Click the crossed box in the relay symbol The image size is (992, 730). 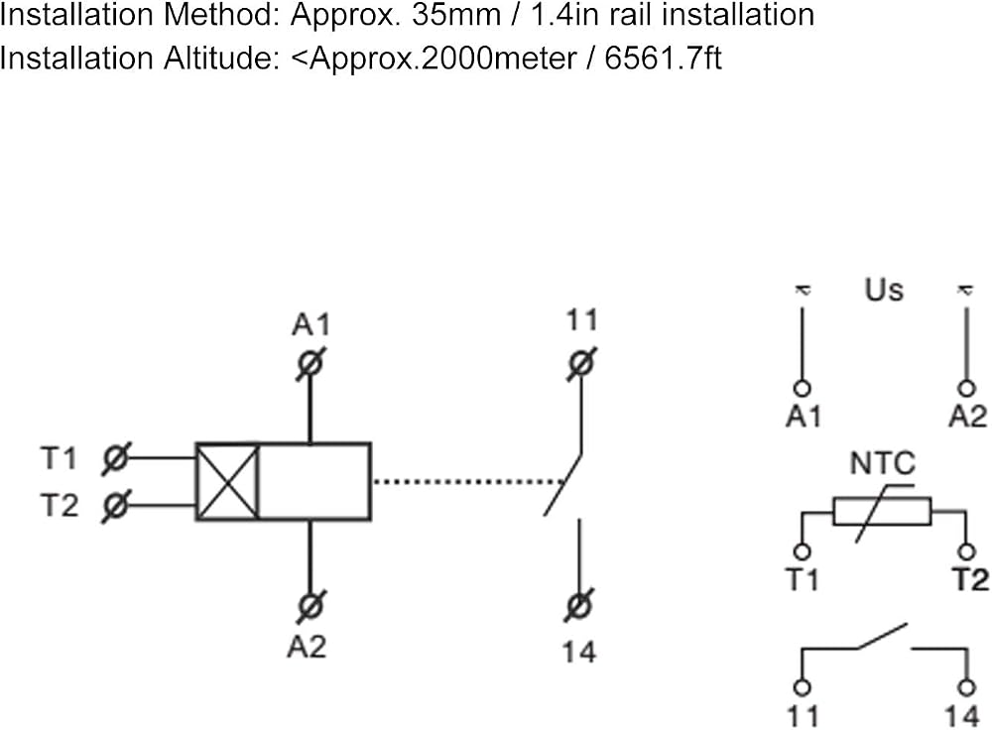pos(228,482)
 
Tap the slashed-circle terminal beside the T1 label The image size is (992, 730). pos(115,458)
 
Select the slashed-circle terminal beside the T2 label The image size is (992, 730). pos(115,506)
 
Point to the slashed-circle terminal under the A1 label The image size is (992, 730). pos(310,364)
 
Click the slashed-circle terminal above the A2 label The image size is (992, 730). pos(310,606)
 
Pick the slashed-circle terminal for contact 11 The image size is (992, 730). pos(581,364)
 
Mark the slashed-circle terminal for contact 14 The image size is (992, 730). pos(579,606)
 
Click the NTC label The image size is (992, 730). pos(883,463)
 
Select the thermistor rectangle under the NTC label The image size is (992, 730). pos(882,512)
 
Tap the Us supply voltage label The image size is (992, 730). pos(884,290)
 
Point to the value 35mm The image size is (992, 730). pos(456,15)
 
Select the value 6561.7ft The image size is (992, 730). pos(663,59)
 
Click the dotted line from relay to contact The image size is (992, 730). pos(468,482)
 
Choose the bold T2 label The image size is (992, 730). pos(970,579)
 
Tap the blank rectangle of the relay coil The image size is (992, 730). pos(315,482)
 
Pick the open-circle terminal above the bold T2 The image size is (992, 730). pos(966,551)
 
